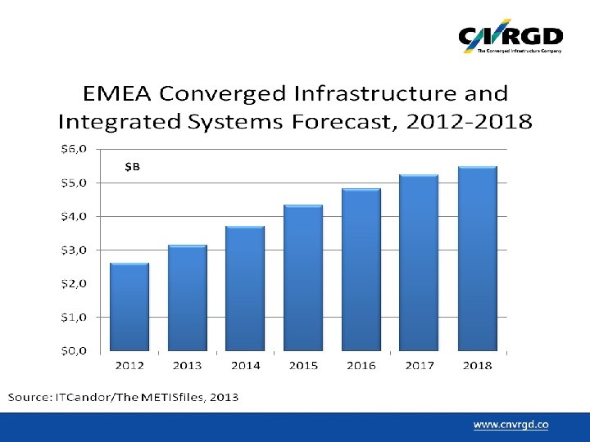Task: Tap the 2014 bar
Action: (245, 289)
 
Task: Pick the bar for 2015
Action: (303, 278)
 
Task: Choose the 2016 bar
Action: (361, 270)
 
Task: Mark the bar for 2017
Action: (419, 263)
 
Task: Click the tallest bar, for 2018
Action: (477, 259)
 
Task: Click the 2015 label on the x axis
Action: (303, 365)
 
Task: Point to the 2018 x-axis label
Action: (477, 365)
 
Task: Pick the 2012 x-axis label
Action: (129, 365)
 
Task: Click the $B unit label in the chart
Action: (133, 167)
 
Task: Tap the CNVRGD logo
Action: (510, 37)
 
